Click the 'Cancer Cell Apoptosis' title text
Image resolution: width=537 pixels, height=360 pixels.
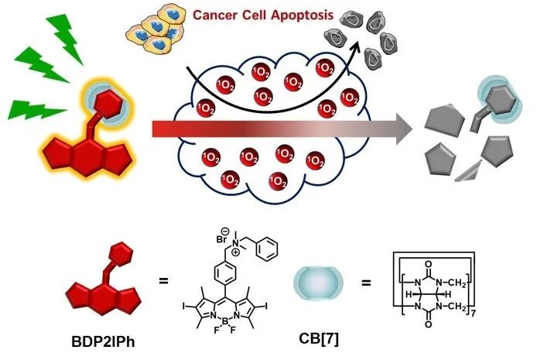251,15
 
